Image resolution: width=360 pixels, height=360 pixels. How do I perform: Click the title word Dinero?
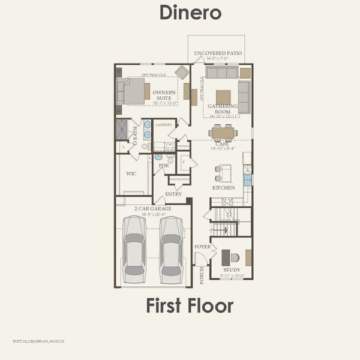(x=190, y=13)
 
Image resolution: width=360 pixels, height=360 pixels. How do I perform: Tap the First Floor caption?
(x=190, y=305)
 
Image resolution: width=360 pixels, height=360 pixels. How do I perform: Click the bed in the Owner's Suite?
(x=133, y=91)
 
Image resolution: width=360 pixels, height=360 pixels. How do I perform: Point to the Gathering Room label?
(x=223, y=109)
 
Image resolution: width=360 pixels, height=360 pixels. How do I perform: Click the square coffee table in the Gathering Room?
(x=223, y=97)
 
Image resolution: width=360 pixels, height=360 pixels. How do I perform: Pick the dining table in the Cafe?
(x=223, y=133)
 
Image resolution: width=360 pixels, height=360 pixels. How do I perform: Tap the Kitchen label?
(x=223, y=188)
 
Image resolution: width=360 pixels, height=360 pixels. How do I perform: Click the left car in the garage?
(x=134, y=249)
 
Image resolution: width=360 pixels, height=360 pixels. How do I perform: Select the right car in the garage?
(x=171, y=249)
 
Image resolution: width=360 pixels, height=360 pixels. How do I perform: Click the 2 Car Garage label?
(x=153, y=209)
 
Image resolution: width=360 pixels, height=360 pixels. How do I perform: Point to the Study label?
(x=232, y=270)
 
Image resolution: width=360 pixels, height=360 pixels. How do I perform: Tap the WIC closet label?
(x=131, y=173)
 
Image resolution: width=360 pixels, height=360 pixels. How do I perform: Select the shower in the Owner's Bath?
(x=122, y=129)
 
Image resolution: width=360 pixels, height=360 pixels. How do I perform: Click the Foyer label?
(x=202, y=247)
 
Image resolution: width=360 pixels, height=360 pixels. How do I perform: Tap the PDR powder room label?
(x=163, y=165)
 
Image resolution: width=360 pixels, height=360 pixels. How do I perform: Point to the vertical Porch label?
(x=202, y=275)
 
